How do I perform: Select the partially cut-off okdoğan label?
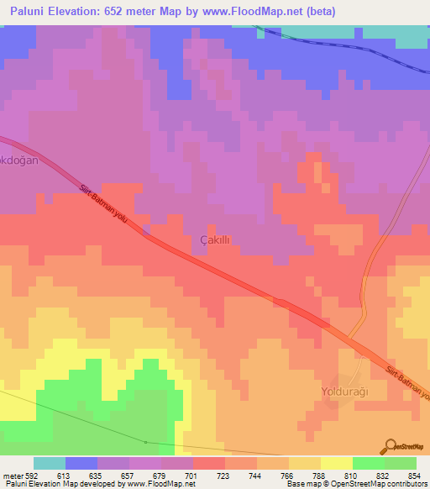click(x=18, y=160)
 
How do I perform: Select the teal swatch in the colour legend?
click(x=50, y=463)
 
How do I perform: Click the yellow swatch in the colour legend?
click(x=336, y=463)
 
